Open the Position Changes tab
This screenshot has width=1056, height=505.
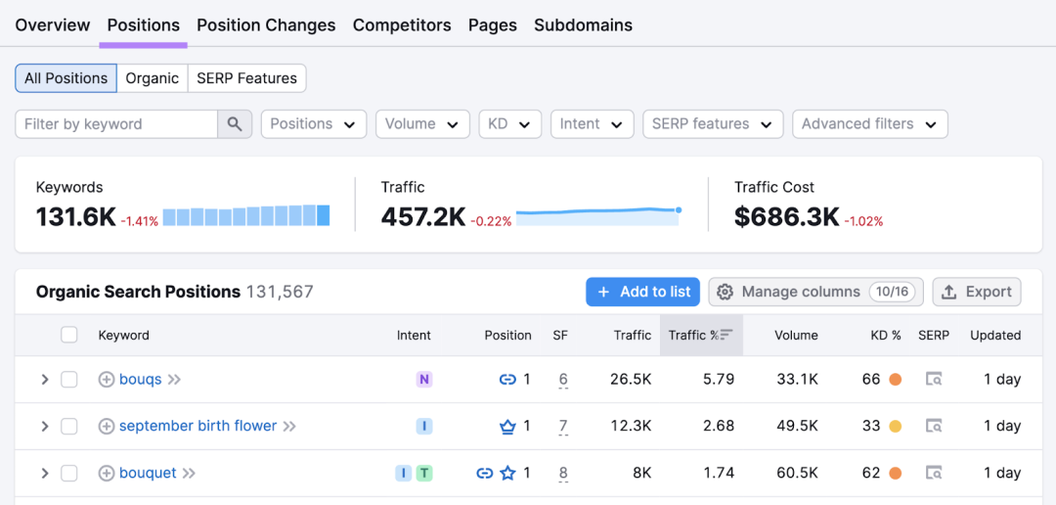pos(266,25)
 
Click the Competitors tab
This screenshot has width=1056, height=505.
pos(402,25)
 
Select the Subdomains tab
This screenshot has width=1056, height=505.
pos(583,25)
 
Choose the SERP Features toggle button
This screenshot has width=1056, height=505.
pos(247,78)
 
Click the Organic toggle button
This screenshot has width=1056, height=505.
pos(153,78)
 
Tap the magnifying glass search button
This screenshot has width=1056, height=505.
pos(235,124)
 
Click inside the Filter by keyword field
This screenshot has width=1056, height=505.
pos(116,124)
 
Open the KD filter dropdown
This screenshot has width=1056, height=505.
pos(509,124)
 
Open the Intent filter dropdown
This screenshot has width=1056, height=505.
pos(592,124)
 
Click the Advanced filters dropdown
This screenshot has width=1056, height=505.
pos(870,124)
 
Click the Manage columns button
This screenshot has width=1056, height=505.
pos(815,292)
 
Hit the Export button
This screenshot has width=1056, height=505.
pos(977,292)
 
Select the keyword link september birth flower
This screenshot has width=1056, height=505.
pos(198,426)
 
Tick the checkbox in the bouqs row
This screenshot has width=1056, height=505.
pos(69,380)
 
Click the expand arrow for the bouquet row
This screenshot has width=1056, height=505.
pos(44,474)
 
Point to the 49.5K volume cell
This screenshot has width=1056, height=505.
pos(796,426)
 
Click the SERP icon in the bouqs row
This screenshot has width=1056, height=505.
pos(934,380)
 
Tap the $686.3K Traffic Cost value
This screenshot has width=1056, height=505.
pos(786,216)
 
